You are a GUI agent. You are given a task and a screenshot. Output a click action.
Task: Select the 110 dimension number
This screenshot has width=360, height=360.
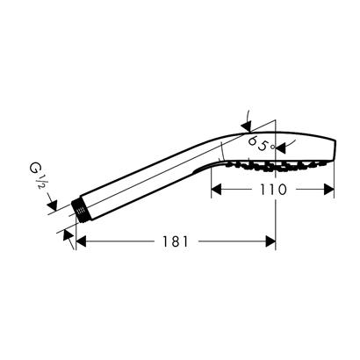(x=273, y=190)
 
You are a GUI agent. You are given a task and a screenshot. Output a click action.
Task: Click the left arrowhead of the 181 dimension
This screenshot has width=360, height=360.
(x=82, y=241)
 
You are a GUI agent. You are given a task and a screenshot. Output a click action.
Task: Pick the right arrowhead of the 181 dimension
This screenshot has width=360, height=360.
(x=271, y=241)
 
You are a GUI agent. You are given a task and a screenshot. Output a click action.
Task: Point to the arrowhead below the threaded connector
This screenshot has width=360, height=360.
(x=69, y=239)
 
